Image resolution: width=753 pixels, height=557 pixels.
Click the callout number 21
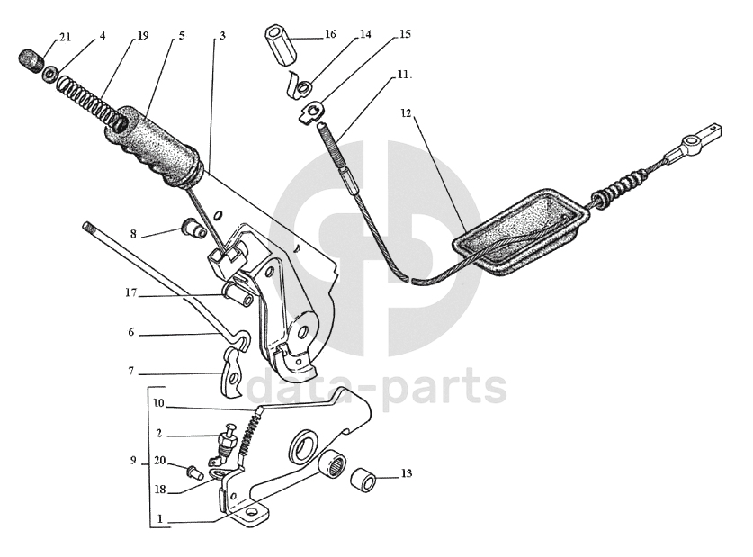65,37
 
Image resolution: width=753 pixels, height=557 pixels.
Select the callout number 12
406,113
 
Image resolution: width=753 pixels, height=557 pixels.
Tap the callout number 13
407,473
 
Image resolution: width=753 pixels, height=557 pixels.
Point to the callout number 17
131,293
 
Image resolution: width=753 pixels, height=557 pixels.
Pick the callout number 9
134,461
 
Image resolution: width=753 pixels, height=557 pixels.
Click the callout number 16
330,34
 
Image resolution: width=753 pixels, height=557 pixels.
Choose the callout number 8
133,234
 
